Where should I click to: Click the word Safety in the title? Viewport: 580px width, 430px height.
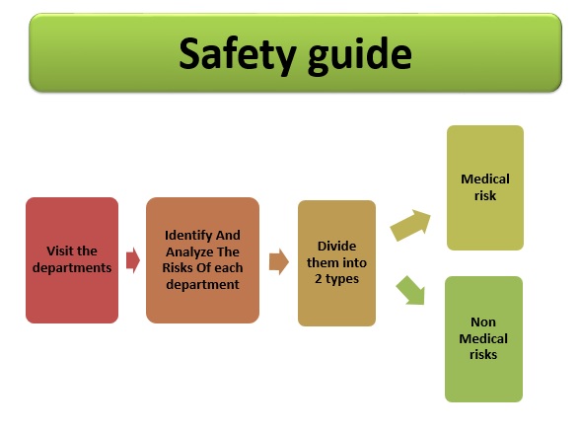coord(238,54)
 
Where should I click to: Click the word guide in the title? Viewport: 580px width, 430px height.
coord(360,56)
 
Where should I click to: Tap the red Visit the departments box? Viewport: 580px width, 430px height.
coord(72,260)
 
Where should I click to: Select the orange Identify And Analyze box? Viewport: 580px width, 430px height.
coord(203,260)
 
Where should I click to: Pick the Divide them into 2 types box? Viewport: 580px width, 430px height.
coord(336,263)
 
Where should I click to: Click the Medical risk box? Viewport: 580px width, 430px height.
coord(485,187)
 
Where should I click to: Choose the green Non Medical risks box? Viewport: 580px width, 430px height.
coord(483,339)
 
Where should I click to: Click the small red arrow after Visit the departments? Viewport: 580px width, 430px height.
coord(133,260)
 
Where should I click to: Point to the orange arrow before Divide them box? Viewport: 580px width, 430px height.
coord(279,261)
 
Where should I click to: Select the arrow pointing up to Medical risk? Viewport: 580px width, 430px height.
coord(410,225)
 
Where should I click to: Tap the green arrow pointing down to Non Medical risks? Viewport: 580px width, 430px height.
coord(410,291)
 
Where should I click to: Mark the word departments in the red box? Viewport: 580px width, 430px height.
coord(72,267)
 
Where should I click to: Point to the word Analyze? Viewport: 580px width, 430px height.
coord(189,252)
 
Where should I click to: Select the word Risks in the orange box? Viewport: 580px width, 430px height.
coord(177,267)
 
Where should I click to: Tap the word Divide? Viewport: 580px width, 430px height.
coord(336,247)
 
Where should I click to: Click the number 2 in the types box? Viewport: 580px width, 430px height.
coord(318,278)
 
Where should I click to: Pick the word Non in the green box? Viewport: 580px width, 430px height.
coord(483,322)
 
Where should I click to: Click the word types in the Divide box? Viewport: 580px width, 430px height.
coord(342,279)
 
